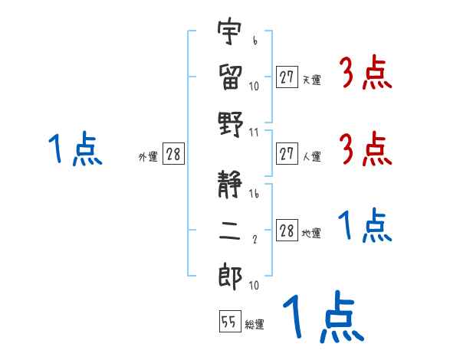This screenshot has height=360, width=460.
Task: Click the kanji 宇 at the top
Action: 229,33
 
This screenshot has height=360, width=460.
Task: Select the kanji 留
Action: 229,76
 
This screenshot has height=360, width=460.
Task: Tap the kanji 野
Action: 229,122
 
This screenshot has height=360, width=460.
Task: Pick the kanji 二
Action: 229,231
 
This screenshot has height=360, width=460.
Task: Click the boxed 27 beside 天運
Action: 287,77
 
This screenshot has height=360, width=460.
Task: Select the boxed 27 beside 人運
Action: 287,155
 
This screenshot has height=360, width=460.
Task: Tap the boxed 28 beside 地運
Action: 287,231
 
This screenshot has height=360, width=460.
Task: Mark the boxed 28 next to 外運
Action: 173,155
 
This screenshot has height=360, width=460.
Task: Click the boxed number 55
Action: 228,322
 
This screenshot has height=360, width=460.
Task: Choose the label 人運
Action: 311,157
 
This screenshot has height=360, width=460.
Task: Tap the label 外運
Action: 148,157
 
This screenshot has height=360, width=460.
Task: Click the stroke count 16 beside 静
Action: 254,195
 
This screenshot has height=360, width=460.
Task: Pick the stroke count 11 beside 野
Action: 254,132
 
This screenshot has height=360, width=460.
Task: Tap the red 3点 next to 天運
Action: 366,74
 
